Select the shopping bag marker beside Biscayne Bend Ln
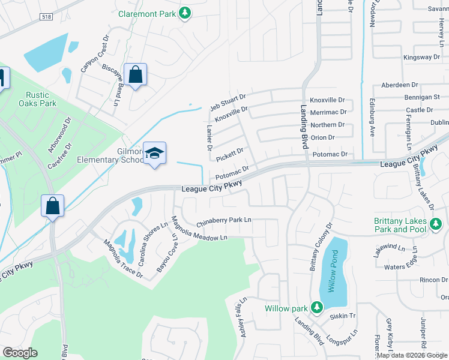tap(136, 75)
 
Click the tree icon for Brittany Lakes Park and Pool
tap(436, 225)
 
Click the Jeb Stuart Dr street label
tap(228, 101)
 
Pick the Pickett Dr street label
tap(229, 155)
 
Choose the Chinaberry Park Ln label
tap(223, 220)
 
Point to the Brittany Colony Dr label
tap(321, 247)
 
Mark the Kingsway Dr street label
tap(421, 58)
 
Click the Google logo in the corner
tap(20, 353)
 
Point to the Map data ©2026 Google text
tap(411, 355)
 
